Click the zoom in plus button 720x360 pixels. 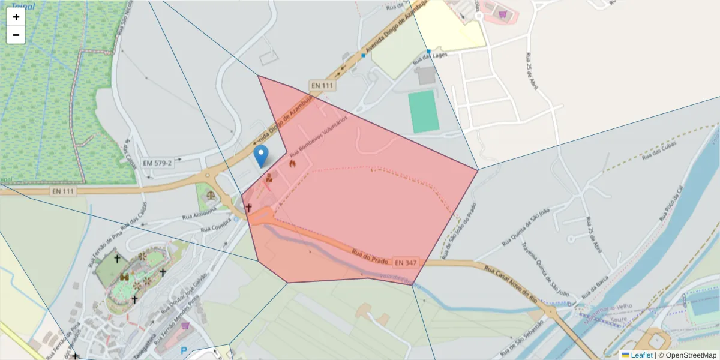16,17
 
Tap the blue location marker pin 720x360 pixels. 261,155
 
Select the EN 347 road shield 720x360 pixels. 406,262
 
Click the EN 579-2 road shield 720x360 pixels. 158,163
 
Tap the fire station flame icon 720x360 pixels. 292,163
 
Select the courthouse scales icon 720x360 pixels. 211,195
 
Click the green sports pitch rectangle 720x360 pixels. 424,112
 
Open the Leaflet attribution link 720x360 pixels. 641,355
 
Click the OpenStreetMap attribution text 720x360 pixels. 687,355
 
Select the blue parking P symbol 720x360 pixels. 184,350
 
